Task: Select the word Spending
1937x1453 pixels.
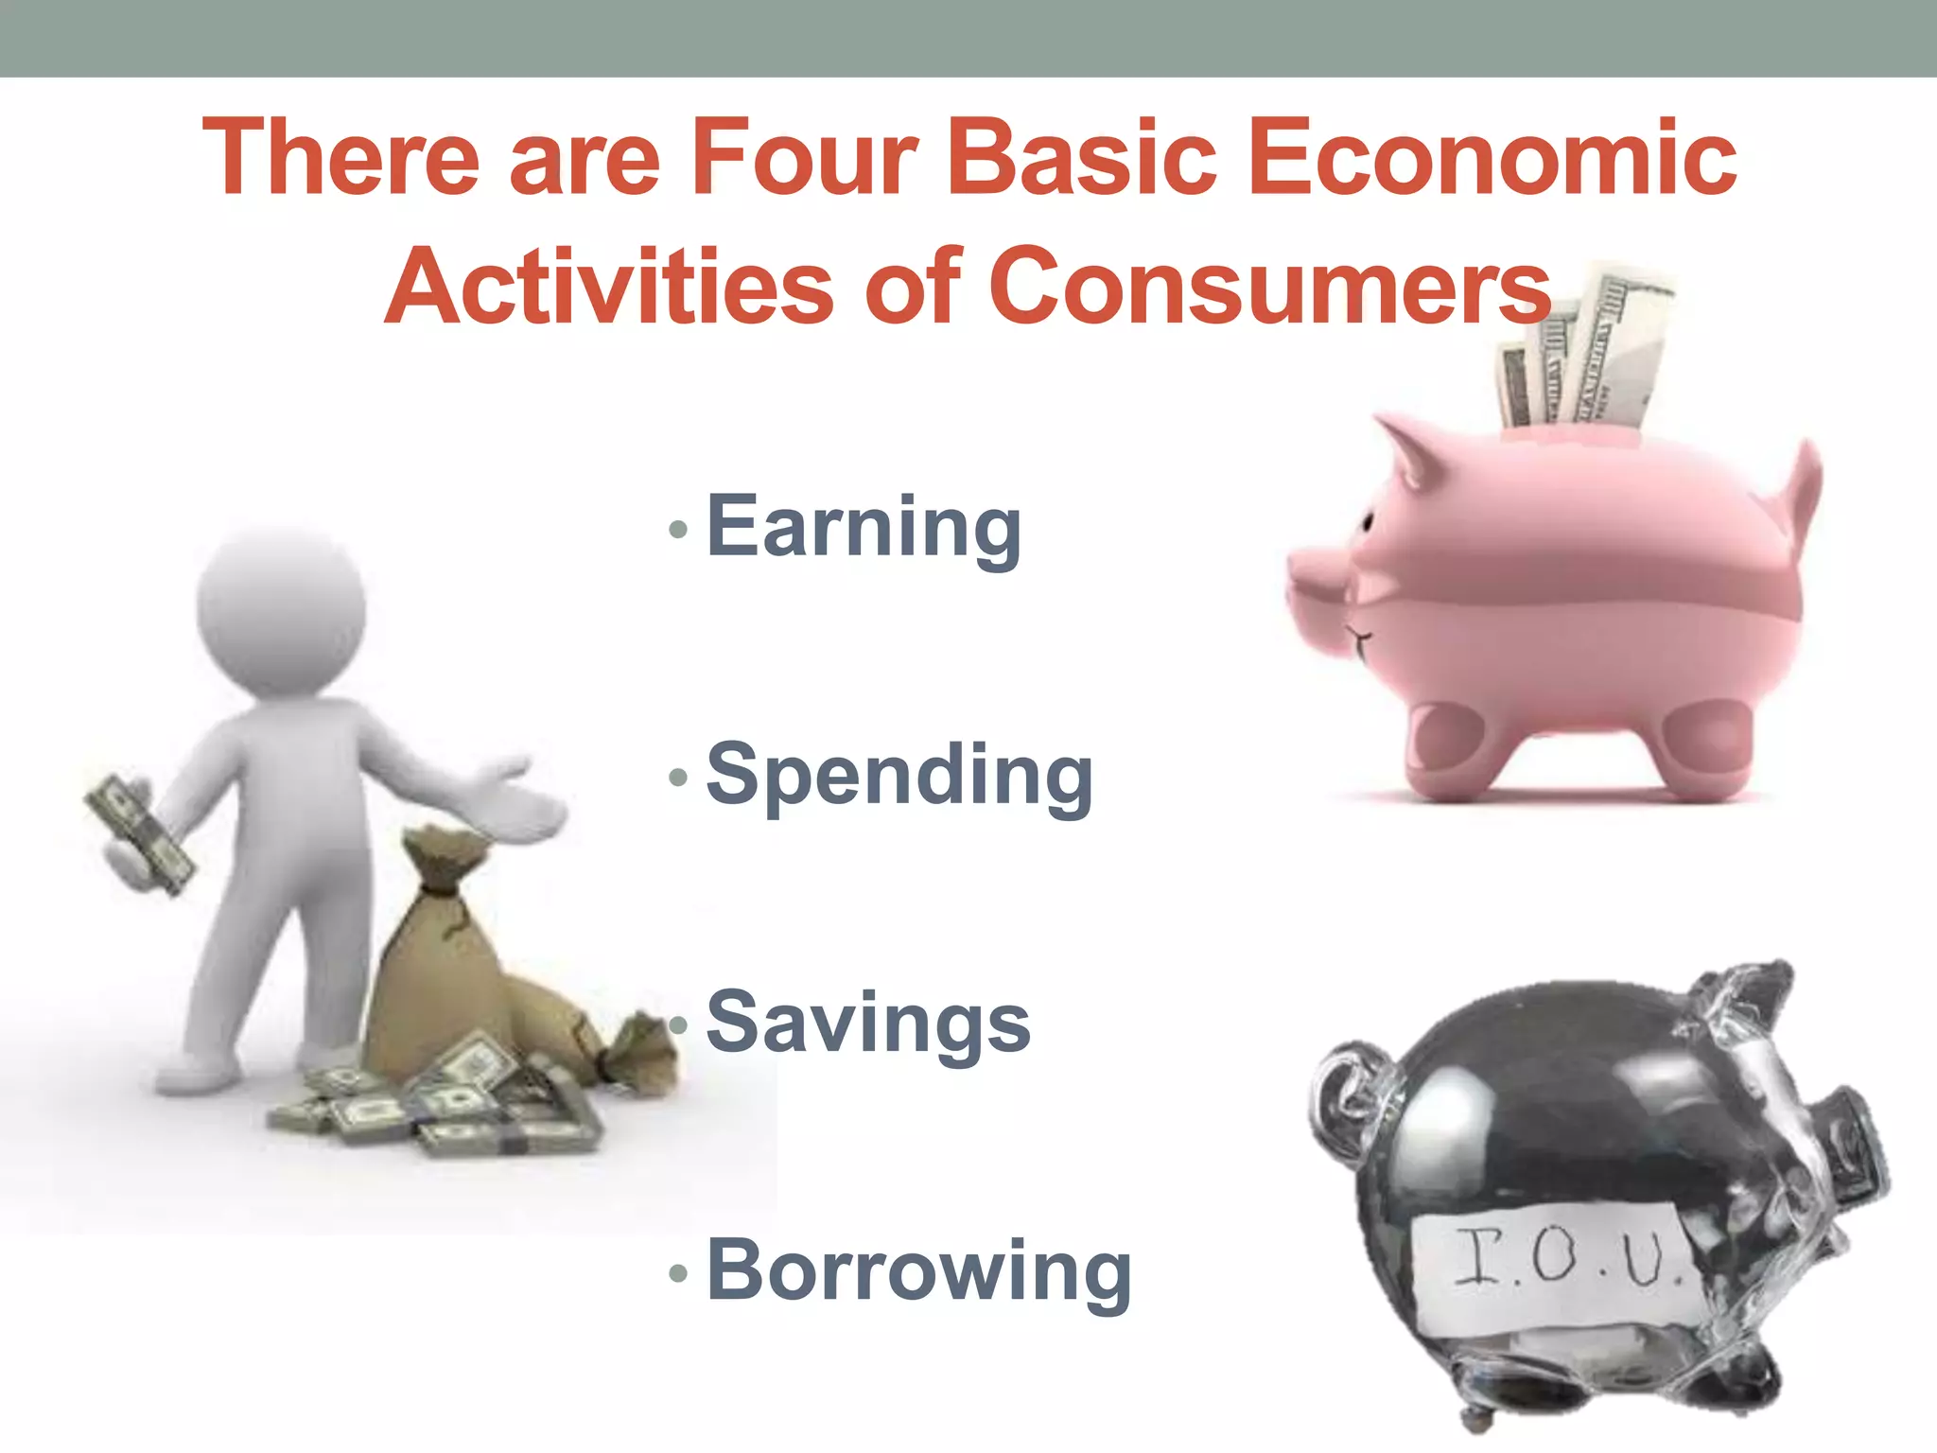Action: [x=899, y=775]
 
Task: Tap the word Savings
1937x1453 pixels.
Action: [x=868, y=1023]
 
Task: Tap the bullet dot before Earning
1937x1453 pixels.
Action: [x=677, y=529]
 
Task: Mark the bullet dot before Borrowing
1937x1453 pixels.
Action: [x=677, y=1273]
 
